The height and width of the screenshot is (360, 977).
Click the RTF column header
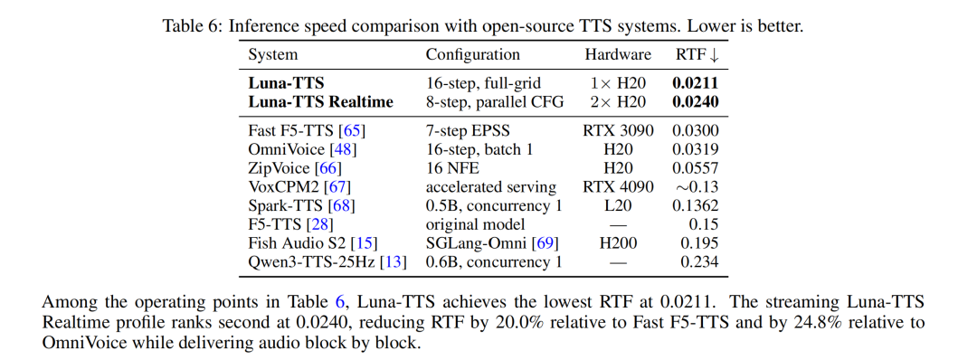point(697,55)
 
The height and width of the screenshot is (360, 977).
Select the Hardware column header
point(618,55)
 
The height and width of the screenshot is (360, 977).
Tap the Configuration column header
point(473,55)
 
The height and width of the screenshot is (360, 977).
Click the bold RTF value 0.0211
point(696,83)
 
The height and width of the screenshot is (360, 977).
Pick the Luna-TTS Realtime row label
point(321,102)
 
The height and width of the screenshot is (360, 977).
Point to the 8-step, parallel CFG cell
point(495,102)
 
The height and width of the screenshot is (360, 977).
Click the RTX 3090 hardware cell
point(618,131)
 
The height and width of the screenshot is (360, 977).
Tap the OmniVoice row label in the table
point(286,149)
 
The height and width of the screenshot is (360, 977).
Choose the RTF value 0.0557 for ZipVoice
point(696,168)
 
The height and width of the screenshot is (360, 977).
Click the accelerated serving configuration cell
point(491,187)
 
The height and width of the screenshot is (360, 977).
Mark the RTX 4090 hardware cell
point(618,187)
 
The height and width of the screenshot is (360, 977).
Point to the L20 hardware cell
point(618,205)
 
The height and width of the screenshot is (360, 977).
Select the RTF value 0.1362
point(696,205)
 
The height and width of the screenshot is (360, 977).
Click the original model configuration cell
point(476,224)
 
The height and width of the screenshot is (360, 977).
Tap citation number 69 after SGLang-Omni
point(545,243)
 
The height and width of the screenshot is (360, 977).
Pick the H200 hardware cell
point(618,243)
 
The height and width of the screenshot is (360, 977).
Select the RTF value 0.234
point(699,261)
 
